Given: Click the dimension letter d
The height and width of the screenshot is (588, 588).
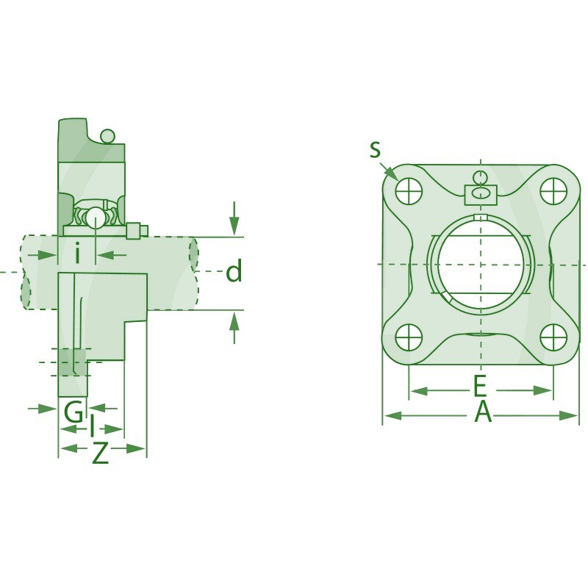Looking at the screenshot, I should pos(234,273).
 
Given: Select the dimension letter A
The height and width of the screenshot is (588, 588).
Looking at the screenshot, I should pos(482,413).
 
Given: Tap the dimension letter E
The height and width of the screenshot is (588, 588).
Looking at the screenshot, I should pos(479,386).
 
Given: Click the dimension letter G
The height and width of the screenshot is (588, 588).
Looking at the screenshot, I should pos(73,412).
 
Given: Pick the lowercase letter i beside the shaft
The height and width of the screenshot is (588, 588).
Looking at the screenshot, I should pos(77,254).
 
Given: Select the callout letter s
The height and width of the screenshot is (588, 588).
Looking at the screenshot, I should pos(375,150).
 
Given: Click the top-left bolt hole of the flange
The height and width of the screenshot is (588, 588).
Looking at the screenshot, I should pos(409,192).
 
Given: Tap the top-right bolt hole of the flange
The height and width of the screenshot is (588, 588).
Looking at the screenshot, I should pos(553,192).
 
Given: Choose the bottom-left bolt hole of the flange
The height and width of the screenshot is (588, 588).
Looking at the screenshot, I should pos(409,337).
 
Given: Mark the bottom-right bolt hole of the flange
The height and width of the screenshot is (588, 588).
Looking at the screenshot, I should pos(553,337).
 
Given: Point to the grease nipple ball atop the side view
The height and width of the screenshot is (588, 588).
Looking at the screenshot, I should pos(108,137).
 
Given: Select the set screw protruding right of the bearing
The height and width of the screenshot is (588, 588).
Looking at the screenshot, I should pos(136,231).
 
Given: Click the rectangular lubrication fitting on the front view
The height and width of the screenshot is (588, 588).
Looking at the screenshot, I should pos(481,194).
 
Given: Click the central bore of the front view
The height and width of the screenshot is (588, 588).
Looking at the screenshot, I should pos(481,265).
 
